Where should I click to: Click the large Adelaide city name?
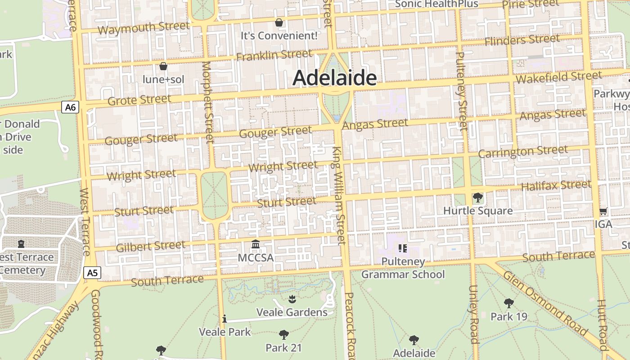point(334,78)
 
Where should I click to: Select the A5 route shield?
point(92,273)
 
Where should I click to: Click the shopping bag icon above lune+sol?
point(163,67)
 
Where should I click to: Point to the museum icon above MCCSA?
point(256,244)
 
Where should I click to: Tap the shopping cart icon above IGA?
point(603,211)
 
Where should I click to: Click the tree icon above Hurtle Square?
point(478,198)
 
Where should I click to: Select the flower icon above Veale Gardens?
point(292,299)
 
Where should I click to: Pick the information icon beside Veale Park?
point(225,319)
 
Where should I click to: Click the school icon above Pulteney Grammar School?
point(403,248)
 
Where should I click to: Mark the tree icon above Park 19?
point(508,303)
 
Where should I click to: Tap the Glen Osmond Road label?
point(545,304)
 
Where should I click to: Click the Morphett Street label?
point(207,102)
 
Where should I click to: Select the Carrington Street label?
point(522,152)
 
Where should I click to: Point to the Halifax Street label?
point(556,185)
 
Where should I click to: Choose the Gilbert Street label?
point(150,246)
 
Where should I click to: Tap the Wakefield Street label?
point(558,77)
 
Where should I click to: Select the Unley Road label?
point(473,314)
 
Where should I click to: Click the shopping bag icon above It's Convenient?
point(279,22)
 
